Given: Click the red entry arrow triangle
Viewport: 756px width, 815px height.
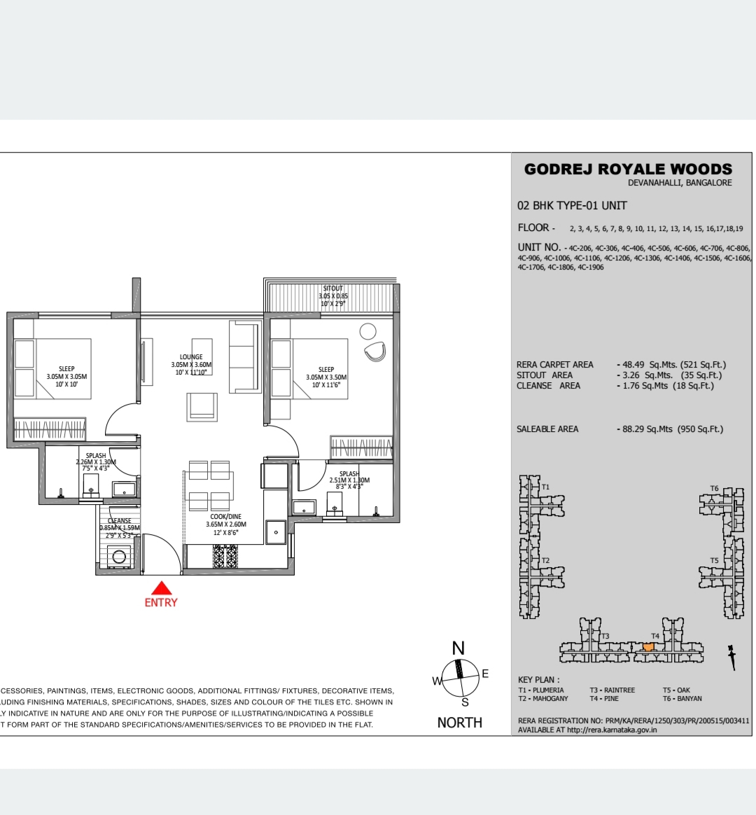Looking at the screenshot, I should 161,589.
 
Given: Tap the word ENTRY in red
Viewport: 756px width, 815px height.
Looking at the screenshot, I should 161,602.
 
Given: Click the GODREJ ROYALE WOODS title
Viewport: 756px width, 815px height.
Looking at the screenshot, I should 628,169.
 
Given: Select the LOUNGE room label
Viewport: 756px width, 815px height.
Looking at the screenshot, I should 190,357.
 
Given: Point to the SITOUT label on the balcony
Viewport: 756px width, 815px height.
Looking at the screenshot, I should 333,288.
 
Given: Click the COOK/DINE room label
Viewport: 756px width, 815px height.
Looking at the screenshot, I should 225,517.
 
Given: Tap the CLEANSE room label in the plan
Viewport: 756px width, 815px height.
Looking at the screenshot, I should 120,521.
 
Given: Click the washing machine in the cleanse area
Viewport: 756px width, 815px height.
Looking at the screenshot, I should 120,557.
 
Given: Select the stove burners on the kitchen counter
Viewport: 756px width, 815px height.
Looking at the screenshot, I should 226,557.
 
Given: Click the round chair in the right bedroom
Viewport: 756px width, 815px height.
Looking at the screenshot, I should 374,351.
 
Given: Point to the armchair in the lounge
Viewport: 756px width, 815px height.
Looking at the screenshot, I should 202,407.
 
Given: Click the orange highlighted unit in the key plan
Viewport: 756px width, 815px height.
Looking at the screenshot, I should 648,648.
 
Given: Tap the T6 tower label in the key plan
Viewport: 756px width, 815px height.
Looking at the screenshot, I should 714,489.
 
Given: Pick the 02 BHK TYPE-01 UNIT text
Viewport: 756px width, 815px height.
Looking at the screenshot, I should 572,206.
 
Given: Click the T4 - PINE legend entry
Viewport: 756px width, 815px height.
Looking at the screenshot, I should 604,699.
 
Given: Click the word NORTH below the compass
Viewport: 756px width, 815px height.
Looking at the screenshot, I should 459,723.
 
